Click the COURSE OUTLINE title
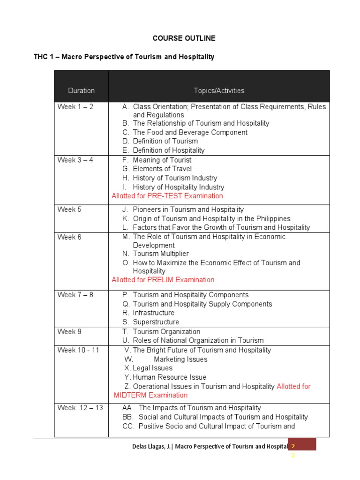184,38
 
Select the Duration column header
81,90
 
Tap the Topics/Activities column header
219,90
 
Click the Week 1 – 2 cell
75,107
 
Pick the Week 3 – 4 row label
75,160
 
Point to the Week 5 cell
69,210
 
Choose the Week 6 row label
69,237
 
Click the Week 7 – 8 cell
75,295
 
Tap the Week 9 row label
69,332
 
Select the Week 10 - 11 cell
78,350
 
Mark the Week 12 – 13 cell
80,408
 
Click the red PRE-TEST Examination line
167,196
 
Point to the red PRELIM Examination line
163,280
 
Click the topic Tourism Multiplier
160,254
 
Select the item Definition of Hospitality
168,150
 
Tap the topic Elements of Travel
162,169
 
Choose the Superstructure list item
156,322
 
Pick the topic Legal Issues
152,368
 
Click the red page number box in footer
302,444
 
